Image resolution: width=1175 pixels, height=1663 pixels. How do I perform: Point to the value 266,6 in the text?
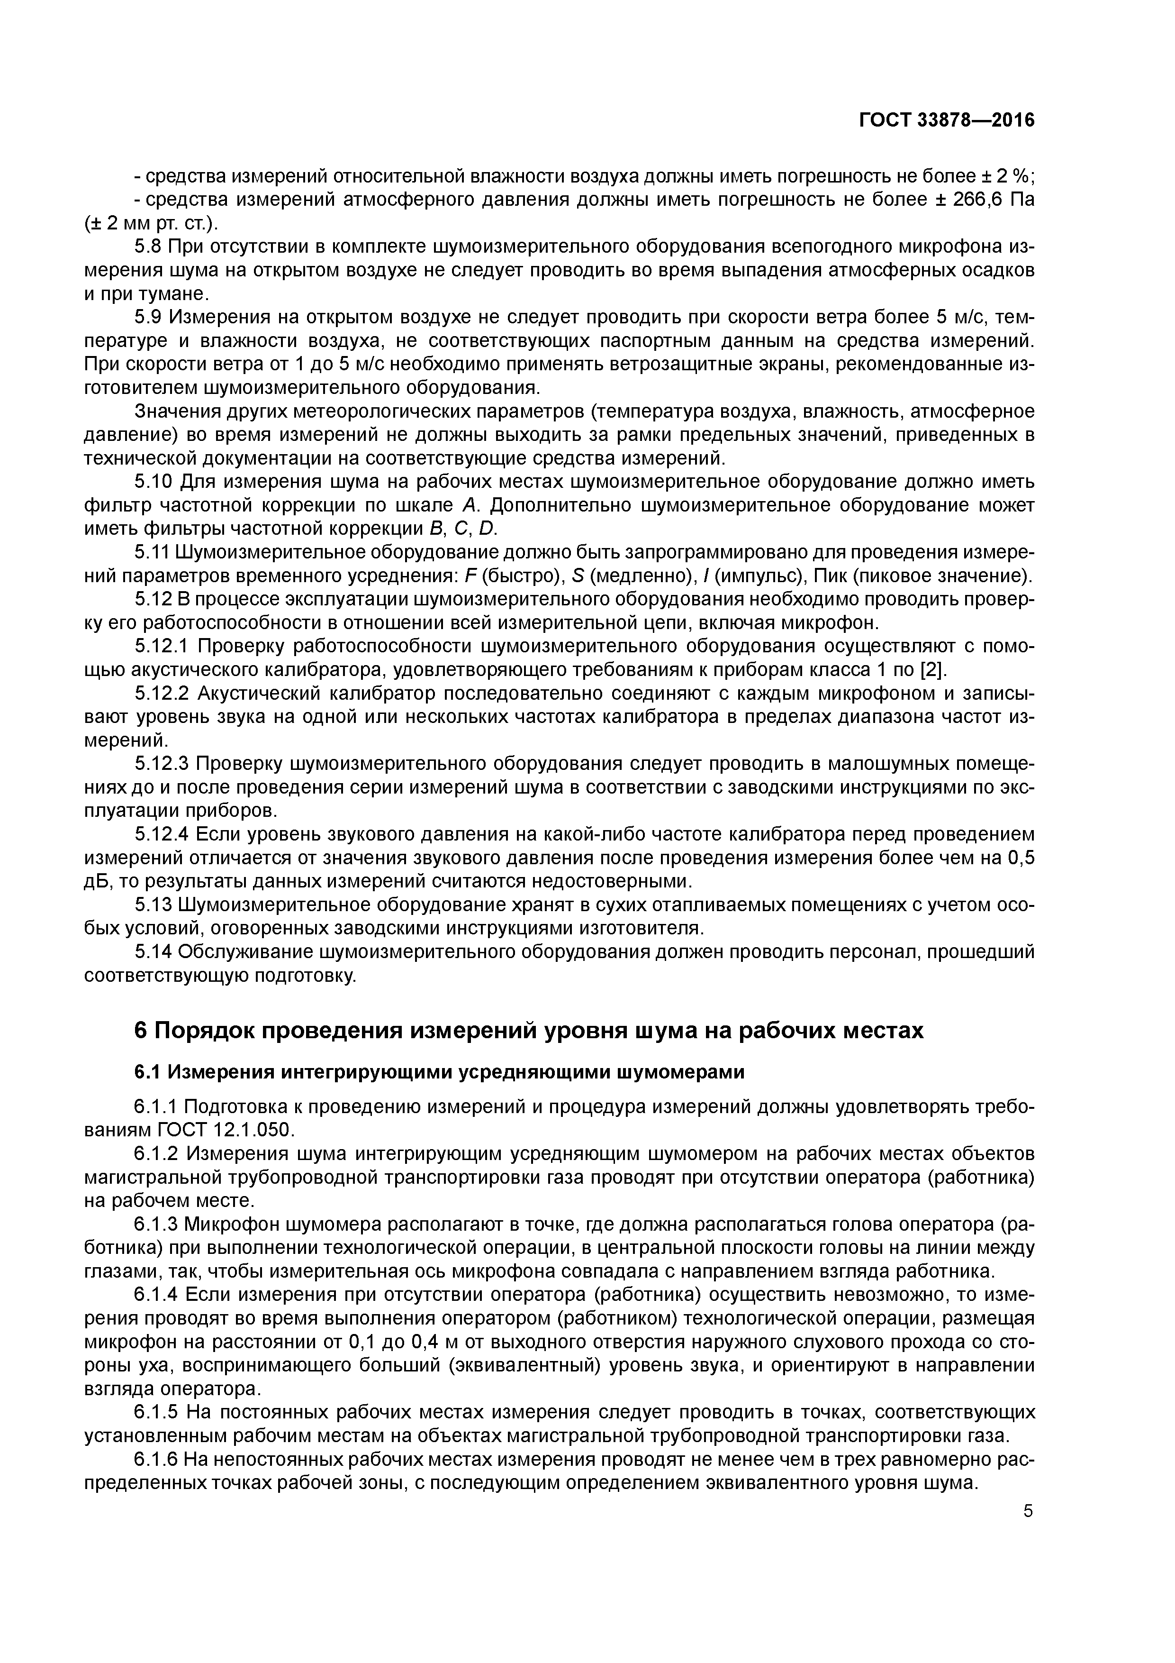(x=976, y=200)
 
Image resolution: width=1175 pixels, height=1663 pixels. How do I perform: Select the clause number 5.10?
(x=154, y=482)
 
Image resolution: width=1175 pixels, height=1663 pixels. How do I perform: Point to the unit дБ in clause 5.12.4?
(x=98, y=881)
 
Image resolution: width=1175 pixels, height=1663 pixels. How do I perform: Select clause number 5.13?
(x=154, y=905)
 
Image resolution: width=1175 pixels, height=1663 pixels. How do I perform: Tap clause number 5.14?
(x=154, y=952)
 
